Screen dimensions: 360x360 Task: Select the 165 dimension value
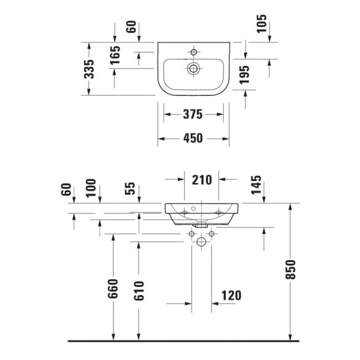(115, 55)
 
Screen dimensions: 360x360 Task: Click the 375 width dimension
(192, 115)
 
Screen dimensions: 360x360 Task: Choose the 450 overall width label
(192, 138)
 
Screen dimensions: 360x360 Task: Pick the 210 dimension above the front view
(202, 179)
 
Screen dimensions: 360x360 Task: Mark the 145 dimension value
(256, 185)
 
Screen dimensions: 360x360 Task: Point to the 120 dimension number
(231, 295)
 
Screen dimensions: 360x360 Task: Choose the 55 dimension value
(131, 188)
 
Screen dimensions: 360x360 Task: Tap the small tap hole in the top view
(194, 52)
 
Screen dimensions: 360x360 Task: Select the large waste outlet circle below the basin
(202, 241)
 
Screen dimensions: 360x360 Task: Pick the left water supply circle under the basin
(192, 234)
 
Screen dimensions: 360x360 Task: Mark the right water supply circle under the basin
(211, 234)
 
